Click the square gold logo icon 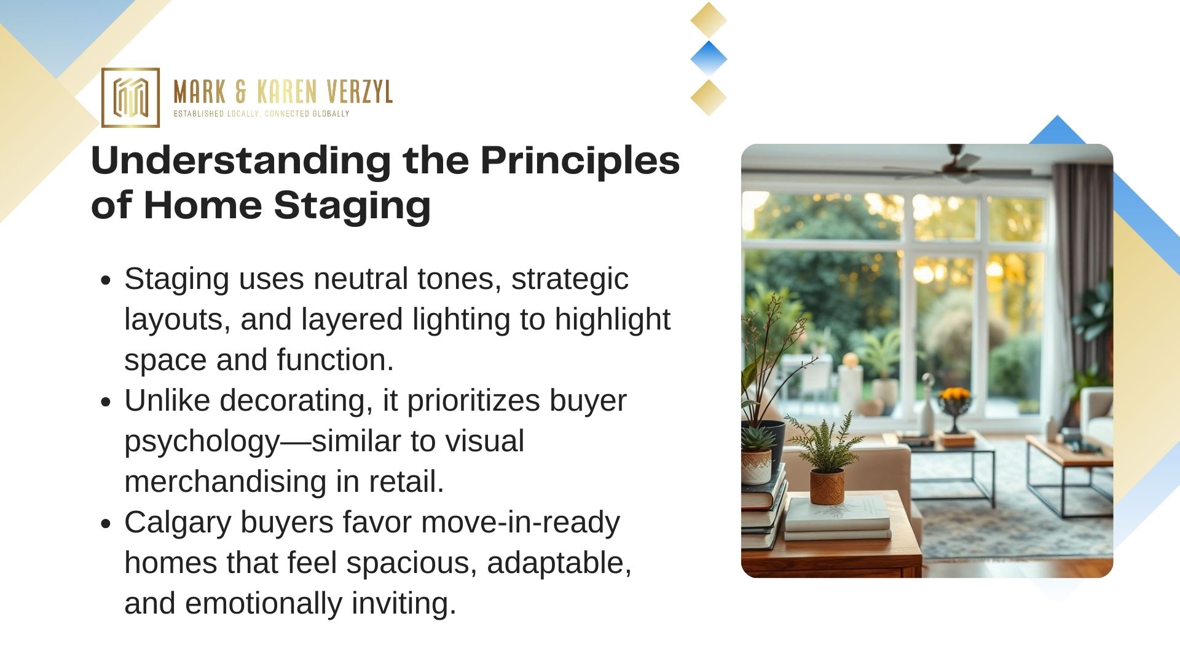[x=130, y=98]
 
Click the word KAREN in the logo [x=286, y=92]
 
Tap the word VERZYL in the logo [x=360, y=92]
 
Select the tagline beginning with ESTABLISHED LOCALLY [x=261, y=114]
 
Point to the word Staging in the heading [x=352, y=207]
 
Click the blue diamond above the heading [x=709, y=59]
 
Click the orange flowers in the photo [x=954, y=395]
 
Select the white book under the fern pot [x=838, y=515]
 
